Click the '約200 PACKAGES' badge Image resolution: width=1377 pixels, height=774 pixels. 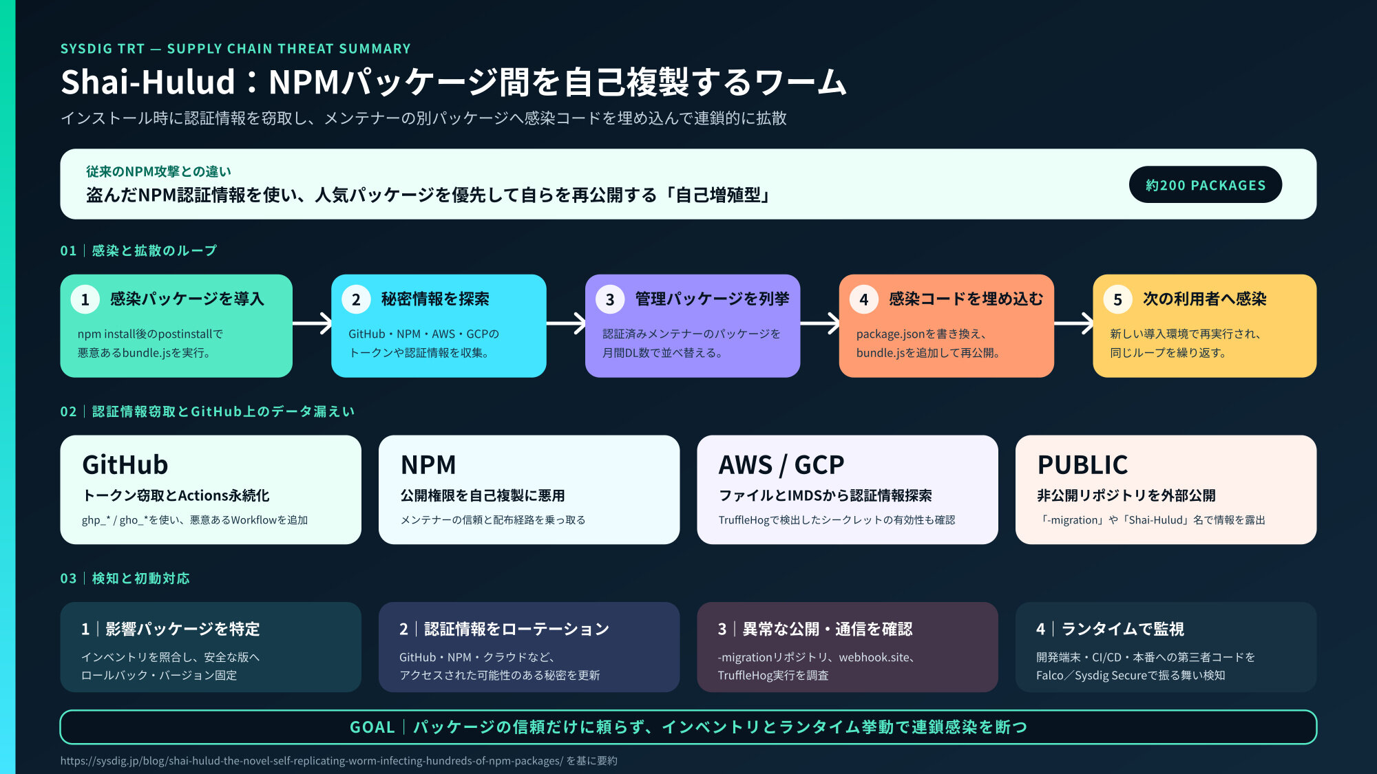point(1205,184)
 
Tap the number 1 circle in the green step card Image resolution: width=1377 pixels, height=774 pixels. point(85,299)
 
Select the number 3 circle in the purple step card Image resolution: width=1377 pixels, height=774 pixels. point(610,299)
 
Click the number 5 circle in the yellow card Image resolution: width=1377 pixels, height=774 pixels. point(1118,299)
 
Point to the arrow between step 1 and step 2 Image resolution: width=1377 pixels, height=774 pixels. point(312,323)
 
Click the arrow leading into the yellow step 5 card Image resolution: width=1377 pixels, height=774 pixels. point(1073,323)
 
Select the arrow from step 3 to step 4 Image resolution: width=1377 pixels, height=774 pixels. point(820,323)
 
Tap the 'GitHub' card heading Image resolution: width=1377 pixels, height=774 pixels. point(125,465)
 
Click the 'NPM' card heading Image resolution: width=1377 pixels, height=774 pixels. point(428,465)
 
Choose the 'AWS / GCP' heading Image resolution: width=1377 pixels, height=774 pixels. point(781,465)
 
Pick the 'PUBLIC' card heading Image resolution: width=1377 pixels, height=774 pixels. point(1082,465)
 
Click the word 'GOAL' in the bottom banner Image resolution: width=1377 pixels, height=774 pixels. point(372,727)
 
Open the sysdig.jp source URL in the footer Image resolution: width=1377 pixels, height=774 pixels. point(312,761)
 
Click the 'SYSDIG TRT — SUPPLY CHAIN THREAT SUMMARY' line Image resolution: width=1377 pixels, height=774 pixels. point(235,49)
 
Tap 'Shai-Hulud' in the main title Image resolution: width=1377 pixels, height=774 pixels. point(148,82)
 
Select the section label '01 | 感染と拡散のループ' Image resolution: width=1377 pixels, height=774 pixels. point(138,250)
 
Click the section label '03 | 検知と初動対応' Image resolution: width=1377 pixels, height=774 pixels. point(125,579)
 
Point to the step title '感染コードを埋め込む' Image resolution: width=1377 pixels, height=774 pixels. point(966,299)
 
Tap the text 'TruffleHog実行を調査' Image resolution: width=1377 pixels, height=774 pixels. point(773,676)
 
